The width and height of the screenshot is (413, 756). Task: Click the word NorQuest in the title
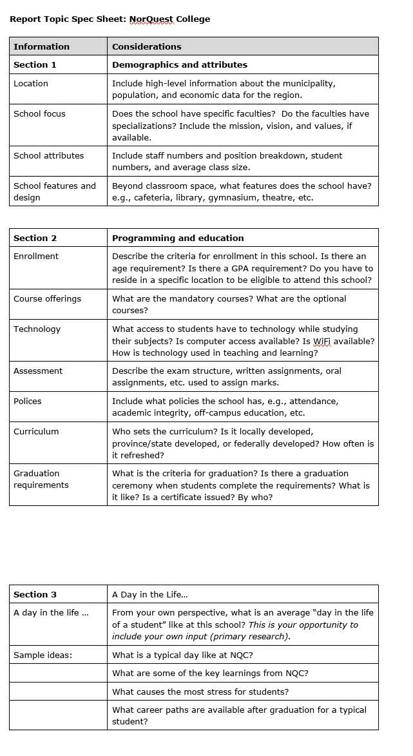click(x=151, y=19)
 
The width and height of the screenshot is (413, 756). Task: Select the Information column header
click(x=41, y=46)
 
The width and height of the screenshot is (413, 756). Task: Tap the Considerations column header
click(x=146, y=46)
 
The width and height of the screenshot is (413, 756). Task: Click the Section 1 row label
click(x=35, y=64)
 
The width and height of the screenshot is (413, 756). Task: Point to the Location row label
click(x=31, y=83)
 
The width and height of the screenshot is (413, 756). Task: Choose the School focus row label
click(x=39, y=113)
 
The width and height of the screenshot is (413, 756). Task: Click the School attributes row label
click(x=48, y=155)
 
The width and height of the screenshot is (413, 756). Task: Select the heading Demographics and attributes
click(x=179, y=64)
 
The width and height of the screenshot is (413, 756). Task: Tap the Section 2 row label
click(x=35, y=238)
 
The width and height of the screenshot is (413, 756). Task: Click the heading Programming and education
click(x=178, y=238)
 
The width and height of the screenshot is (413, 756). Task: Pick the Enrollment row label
click(x=36, y=256)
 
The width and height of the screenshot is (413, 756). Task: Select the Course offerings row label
click(x=47, y=298)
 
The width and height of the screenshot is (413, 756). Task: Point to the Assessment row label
click(x=38, y=371)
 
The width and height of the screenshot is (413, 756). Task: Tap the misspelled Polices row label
click(x=28, y=401)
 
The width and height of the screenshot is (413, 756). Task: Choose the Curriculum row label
click(x=36, y=431)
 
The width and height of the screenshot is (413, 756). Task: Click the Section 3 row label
click(x=35, y=594)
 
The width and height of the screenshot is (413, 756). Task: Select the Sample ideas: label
click(x=43, y=655)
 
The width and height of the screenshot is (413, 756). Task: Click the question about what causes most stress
click(x=200, y=692)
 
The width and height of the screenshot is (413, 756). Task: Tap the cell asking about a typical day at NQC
click(x=182, y=655)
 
